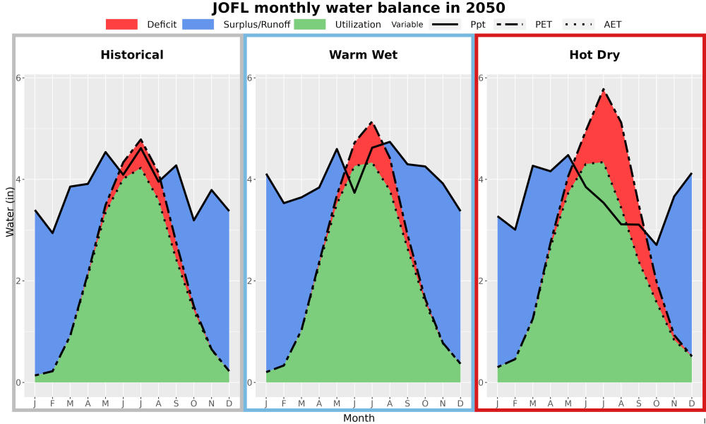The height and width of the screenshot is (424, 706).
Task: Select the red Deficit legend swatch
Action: pos(121,24)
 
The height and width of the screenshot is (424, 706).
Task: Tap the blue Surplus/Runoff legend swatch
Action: pos(198,24)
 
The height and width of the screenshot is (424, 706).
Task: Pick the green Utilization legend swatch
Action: pos(310,24)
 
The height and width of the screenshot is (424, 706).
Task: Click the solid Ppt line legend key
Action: pos(445,24)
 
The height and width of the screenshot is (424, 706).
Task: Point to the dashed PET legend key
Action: pos(510,24)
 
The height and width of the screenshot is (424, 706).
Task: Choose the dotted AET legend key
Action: pos(578,24)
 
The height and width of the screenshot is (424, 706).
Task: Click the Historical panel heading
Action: pos(132,55)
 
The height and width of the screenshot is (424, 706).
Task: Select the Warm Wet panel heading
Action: pos(364,55)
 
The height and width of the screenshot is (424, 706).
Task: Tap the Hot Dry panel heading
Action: pos(594,55)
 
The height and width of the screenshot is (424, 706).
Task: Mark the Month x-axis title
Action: pos(359,418)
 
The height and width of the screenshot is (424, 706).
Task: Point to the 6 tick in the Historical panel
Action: pos(18,78)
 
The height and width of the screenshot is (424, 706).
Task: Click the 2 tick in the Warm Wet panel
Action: pos(251,281)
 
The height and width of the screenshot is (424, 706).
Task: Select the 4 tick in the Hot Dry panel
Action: pos(481,179)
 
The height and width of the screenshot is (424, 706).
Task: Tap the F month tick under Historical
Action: pos(53,404)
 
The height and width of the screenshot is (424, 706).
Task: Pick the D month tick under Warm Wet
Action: pos(460,404)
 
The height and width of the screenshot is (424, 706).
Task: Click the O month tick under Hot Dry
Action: pos(657,404)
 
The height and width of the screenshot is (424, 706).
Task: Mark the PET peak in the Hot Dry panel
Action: pos(604,90)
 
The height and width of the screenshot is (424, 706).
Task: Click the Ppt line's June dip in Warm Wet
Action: pos(354,193)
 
